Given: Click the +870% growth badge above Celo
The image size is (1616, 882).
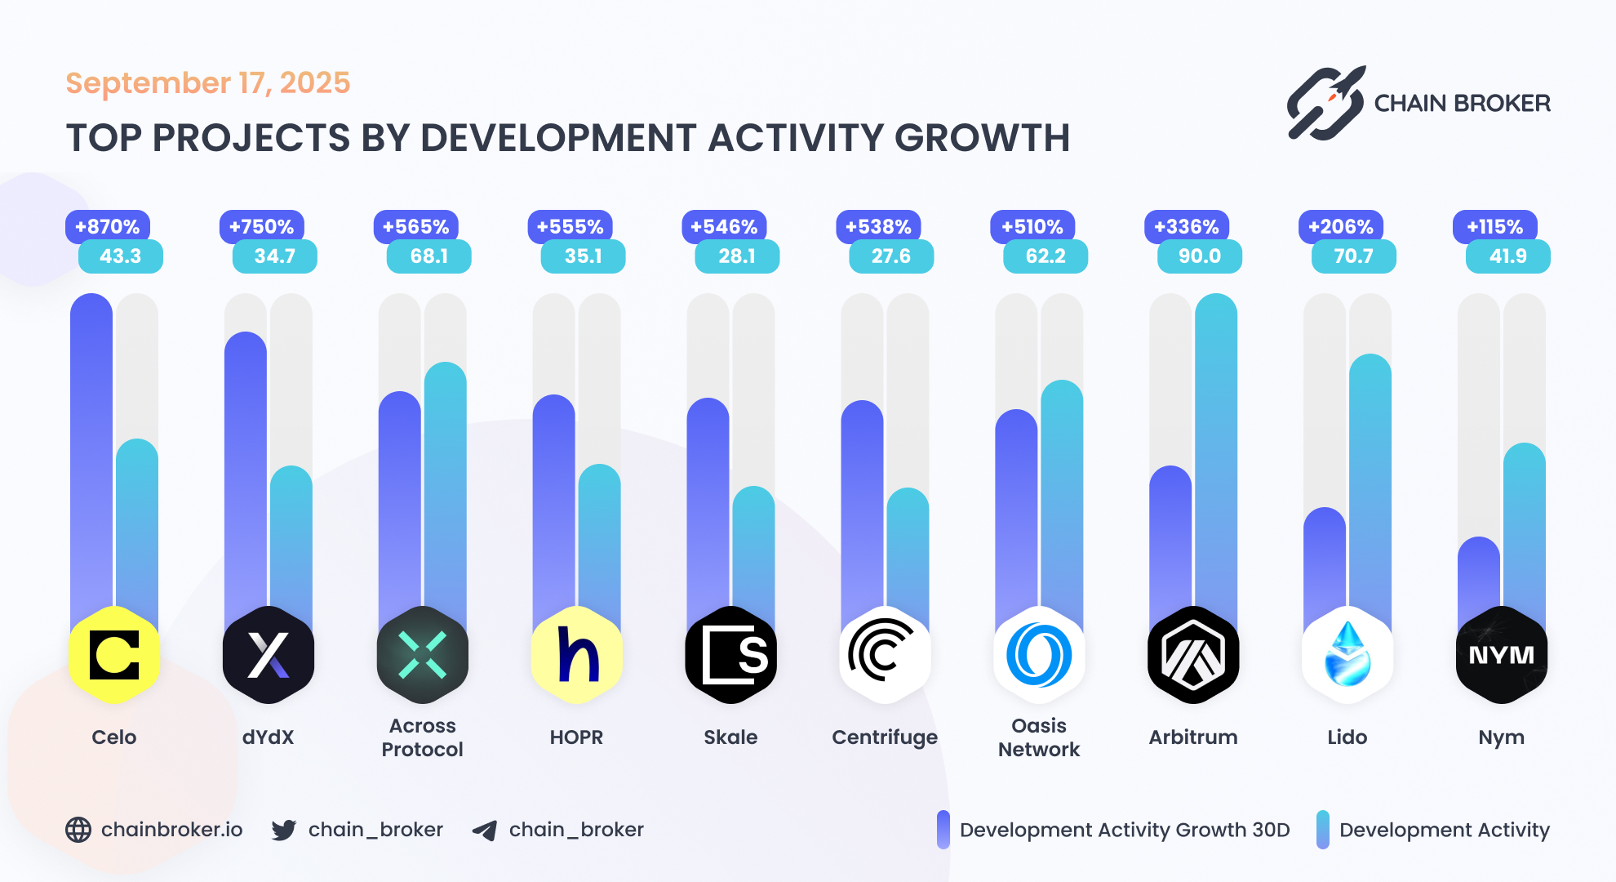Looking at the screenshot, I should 107,226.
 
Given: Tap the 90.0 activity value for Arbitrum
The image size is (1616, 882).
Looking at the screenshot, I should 1199,256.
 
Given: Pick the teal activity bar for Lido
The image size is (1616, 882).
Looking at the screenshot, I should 1370,482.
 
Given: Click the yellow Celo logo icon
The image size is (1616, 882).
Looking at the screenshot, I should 114,655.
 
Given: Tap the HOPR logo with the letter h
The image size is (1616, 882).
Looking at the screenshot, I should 577,655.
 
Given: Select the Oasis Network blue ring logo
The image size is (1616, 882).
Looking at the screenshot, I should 1039,655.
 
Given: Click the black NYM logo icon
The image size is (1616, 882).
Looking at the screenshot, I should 1501,655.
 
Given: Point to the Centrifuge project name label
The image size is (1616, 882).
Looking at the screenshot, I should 885,737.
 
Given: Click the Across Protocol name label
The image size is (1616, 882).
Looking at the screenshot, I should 422,737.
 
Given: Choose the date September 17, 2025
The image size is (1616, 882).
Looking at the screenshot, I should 208,83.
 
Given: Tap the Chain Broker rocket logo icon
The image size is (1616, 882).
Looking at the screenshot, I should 1325,104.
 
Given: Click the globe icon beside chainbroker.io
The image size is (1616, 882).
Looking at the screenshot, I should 78,830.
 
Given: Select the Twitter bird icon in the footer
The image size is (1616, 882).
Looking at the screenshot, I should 284,830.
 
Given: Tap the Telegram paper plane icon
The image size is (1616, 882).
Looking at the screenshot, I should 485,831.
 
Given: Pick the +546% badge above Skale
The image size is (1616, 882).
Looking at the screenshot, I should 724,226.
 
